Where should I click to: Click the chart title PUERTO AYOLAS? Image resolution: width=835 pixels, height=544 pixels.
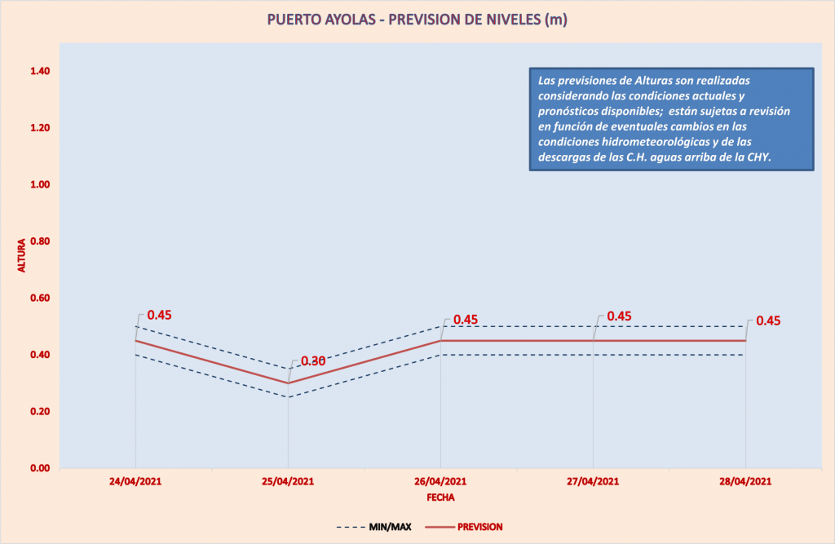click(x=417, y=20)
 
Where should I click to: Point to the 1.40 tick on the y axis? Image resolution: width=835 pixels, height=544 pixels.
click(x=40, y=72)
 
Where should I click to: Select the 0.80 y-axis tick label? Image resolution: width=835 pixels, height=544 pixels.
click(x=40, y=241)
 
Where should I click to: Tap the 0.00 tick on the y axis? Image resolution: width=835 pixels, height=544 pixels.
click(x=40, y=468)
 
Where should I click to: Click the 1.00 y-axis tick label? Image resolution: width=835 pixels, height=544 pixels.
click(x=40, y=185)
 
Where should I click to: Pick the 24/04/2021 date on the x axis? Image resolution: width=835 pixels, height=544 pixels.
click(x=135, y=481)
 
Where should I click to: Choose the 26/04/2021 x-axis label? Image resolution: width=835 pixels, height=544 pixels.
click(x=440, y=481)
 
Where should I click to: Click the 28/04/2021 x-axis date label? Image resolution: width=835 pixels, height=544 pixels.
click(x=745, y=481)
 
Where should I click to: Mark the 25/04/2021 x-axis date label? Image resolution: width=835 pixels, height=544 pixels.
click(x=288, y=481)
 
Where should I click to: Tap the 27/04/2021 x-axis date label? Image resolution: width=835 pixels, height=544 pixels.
click(x=593, y=481)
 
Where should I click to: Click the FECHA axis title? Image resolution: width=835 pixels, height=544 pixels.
click(x=440, y=496)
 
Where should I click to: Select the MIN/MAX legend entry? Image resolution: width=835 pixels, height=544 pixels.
click(x=374, y=527)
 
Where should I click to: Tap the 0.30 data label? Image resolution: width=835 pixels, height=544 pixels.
click(x=313, y=361)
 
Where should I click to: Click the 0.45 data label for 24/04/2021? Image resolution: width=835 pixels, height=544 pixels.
click(x=159, y=316)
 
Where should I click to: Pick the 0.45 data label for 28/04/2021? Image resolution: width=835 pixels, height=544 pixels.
click(x=768, y=321)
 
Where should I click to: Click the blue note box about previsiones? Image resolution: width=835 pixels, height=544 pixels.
click(x=671, y=118)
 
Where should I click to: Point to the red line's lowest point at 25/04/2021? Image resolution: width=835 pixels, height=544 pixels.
click(x=288, y=383)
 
